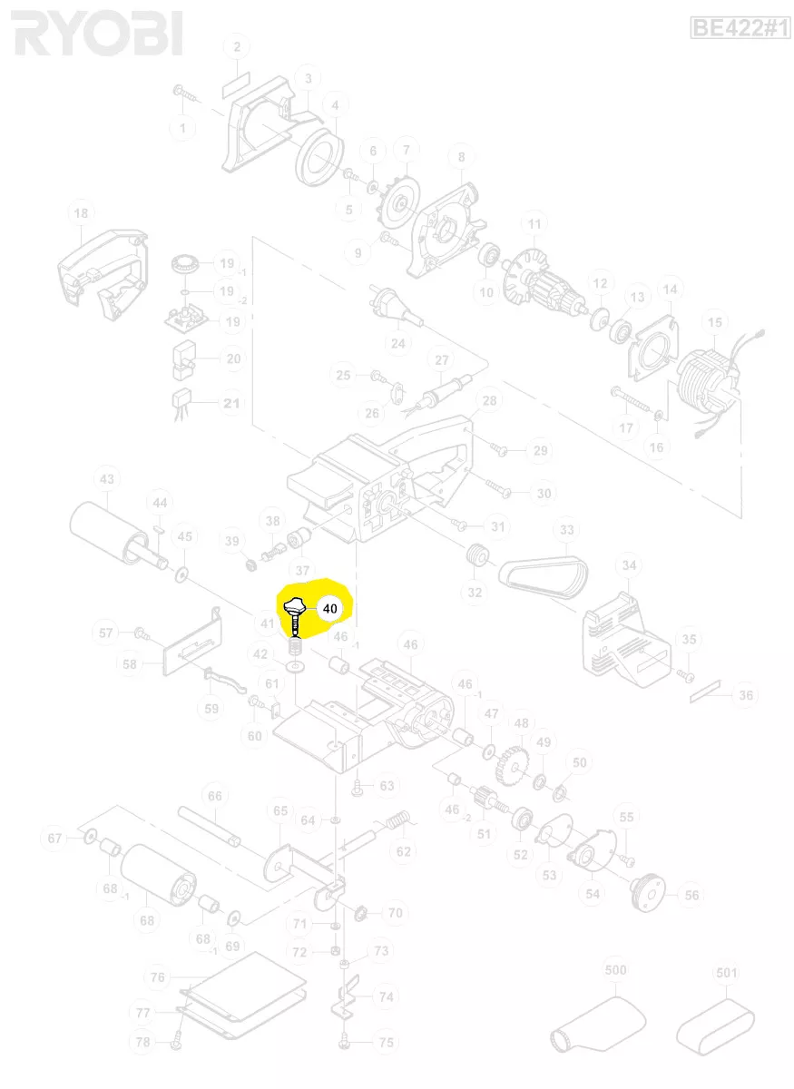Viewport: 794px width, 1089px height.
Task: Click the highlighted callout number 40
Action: [x=329, y=608]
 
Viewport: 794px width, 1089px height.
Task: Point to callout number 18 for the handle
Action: [x=82, y=213]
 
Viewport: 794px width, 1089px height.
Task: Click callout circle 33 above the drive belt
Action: [x=567, y=529]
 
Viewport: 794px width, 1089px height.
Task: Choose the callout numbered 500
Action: [x=615, y=970]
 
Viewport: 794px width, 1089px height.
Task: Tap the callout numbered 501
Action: [x=727, y=974]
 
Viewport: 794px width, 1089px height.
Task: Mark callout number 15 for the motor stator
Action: [x=716, y=323]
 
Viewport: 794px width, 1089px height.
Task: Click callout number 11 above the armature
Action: [x=534, y=224]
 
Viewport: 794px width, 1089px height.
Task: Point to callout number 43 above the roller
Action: [x=107, y=479]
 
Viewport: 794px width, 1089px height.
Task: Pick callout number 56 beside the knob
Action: [x=691, y=895]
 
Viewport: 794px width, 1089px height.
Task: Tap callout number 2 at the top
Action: [x=237, y=47]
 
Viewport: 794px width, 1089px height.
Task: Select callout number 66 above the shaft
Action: [x=214, y=796]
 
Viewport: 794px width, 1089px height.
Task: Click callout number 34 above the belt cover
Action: [x=628, y=566]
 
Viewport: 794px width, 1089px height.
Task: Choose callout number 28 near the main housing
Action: [x=489, y=400]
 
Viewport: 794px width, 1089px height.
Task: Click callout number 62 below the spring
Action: [x=404, y=851]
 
